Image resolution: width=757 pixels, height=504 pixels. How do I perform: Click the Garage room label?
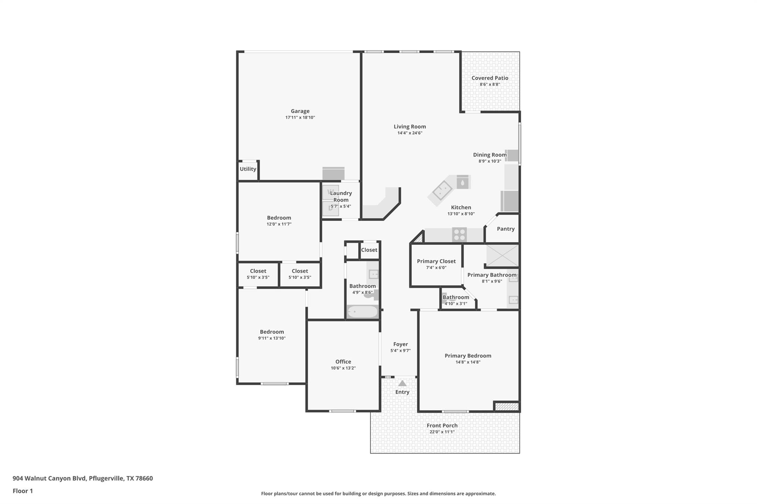(300, 111)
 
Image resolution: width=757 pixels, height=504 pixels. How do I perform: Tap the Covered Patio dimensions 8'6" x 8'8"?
(490, 84)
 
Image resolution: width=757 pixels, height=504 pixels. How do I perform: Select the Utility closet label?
(248, 169)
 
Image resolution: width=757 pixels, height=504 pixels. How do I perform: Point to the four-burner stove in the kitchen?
(459, 234)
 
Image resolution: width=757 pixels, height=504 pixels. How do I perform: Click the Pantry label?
(505, 229)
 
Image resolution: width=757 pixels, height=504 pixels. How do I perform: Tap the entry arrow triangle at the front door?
(402, 383)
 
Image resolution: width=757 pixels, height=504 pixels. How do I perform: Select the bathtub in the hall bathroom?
(363, 312)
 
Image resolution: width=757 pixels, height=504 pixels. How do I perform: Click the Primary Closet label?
(436, 261)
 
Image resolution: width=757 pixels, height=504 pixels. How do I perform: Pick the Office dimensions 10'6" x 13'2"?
(343, 368)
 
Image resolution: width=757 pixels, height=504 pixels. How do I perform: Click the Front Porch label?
(442, 425)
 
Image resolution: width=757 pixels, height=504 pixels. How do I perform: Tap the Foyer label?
(400, 344)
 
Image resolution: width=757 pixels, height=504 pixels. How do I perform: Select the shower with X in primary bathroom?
(502, 255)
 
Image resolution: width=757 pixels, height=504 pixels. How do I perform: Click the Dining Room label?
(489, 155)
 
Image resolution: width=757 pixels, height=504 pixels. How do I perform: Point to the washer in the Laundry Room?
(330, 192)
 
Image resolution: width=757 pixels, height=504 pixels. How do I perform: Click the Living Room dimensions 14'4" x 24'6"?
(410, 133)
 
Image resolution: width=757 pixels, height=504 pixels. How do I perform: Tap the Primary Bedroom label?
(468, 356)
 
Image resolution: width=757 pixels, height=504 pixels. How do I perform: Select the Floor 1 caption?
(23, 491)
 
